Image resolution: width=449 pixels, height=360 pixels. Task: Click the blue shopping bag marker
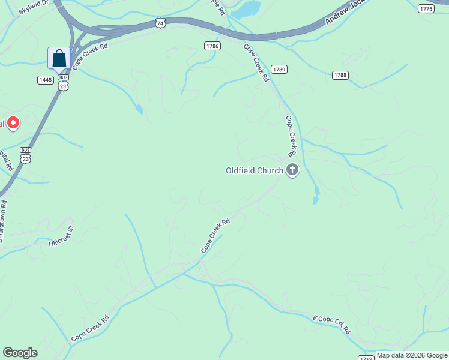[59, 59]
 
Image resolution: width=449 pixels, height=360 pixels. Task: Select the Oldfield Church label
[254, 171]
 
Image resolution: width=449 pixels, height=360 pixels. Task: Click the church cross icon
[292, 171]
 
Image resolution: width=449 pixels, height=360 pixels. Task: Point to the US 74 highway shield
[158, 23]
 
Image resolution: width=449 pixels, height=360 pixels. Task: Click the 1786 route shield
[212, 46]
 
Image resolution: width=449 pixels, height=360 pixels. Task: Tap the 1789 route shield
[279, 70]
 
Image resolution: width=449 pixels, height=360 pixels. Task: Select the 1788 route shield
[340, 75]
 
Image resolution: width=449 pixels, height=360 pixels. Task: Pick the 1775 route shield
[426, 8]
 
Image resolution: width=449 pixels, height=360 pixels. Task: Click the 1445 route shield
[46, 80]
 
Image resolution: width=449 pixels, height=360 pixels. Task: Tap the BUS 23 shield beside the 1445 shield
[64, 83]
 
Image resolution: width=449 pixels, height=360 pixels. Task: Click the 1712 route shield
[366, 358]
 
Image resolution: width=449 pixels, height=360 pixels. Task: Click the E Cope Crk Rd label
[332, 323]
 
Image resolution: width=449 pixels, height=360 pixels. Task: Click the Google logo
[20, 353]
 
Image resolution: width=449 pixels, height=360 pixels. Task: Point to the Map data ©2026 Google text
[412, 355]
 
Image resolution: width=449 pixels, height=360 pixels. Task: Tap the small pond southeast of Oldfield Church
[316, 196]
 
